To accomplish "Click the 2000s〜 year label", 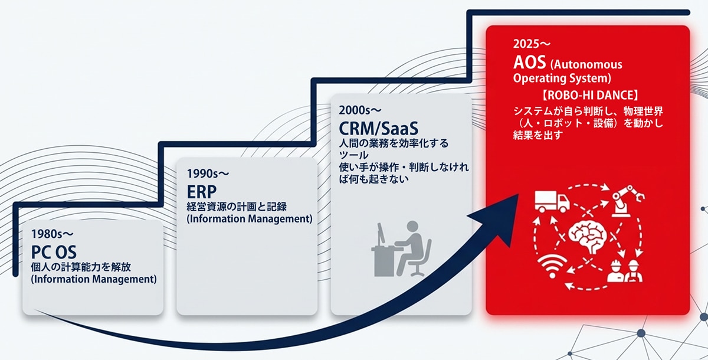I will (x=360, y=110).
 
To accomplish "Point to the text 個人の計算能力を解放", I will (x=80, y=267).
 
